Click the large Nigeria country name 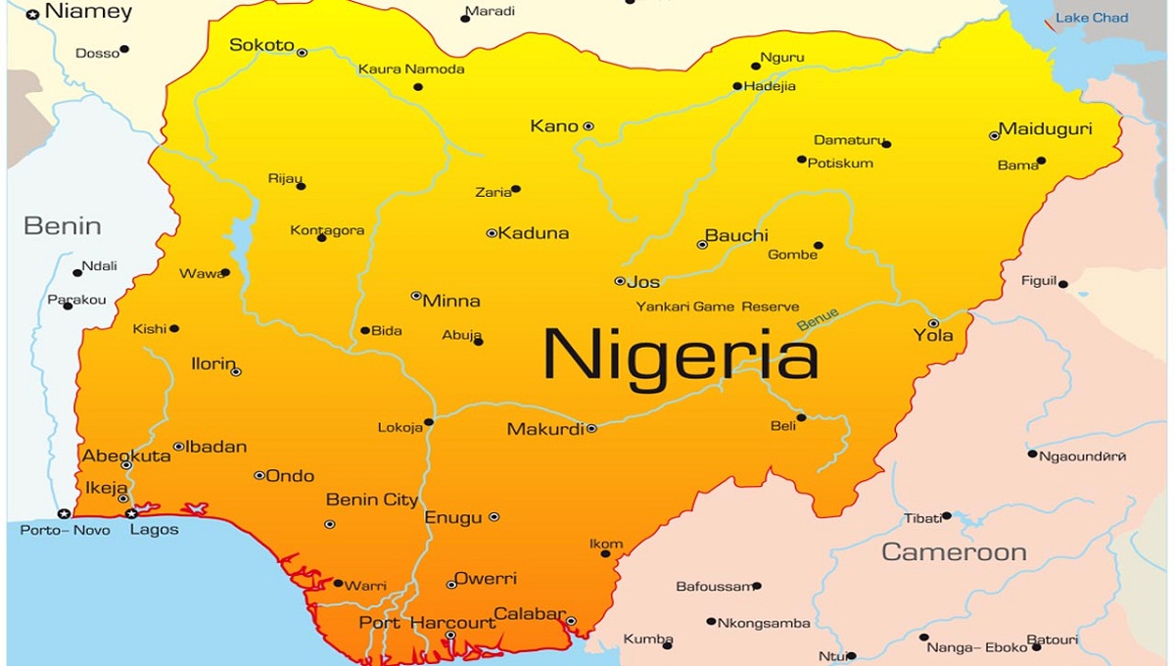[681, 355]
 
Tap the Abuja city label [461, 335]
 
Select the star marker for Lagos [131, 513]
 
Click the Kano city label [553, 126]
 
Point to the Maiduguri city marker [995, 135]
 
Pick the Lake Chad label [1091, 18]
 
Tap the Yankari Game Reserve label [717, 307]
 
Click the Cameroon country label [954, 552]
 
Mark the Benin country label [62, 226]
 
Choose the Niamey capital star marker [33, 14]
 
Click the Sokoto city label [261, 45]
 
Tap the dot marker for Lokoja [429, 422]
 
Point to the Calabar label [529, 615]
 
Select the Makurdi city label [545, 429]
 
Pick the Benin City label [371, 500]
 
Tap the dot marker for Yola [933, 323]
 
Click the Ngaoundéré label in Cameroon [1082, 456]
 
